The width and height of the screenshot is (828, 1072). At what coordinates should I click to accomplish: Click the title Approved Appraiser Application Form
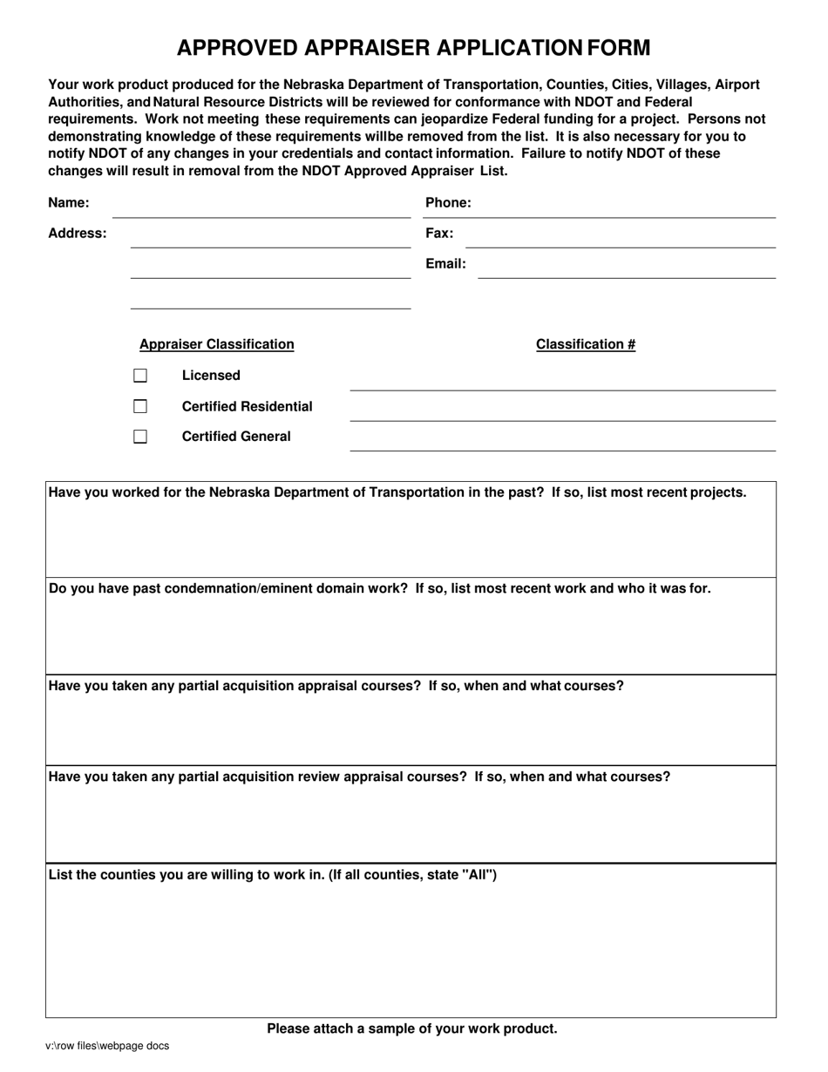(413, 48)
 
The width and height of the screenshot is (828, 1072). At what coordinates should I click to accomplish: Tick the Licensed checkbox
(140, 376)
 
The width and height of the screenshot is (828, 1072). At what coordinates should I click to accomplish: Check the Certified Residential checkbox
(140, 406)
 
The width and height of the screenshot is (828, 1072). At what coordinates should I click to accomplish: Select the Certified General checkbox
(140, 437)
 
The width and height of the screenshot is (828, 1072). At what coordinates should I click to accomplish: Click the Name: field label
(68, 203)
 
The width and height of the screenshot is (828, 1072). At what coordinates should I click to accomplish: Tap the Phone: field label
(448, 203)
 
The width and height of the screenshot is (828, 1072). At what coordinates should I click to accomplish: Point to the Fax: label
(439, 234)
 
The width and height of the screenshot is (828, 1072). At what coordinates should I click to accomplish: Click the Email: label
(445, 263)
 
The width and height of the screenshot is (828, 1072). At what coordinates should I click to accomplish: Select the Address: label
(77, 234)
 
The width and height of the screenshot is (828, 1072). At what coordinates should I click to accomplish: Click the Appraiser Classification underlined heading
(217, 344)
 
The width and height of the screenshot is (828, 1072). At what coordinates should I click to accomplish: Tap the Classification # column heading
(586, 344)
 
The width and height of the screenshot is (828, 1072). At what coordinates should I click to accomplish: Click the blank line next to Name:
(261, 209)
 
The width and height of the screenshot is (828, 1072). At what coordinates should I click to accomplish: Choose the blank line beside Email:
(627, 269)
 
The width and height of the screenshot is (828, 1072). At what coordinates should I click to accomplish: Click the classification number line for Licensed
(562, 383)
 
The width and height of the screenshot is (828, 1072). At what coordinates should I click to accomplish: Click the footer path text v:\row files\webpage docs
(107, 1046)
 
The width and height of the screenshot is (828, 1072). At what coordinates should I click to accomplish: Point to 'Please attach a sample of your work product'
(411, 1028)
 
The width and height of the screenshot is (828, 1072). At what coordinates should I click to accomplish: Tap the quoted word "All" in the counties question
(479, 874)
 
